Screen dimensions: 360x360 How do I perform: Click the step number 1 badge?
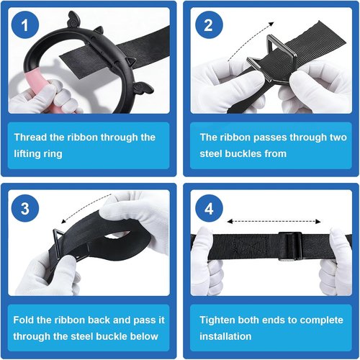25,24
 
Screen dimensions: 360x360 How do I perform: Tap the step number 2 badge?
208,24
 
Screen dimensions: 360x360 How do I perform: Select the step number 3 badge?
25,208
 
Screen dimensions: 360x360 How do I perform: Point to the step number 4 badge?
208,208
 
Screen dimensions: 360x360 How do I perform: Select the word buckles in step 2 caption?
243,153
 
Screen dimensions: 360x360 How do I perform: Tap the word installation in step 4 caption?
225,336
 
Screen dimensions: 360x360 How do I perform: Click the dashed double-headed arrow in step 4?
274,221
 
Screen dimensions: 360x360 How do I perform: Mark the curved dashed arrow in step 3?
84,206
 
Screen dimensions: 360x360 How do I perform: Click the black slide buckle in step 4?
290,246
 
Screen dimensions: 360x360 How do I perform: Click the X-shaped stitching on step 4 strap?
250,246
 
